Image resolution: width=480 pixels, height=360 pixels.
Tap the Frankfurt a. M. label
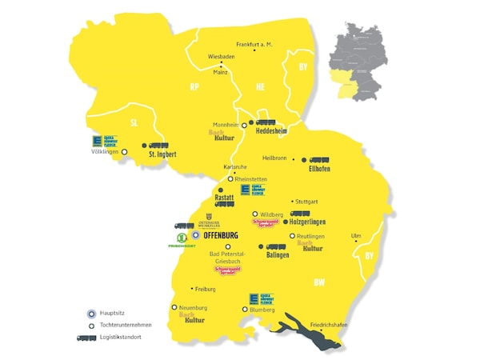pyautogui.click(x=255, y=45)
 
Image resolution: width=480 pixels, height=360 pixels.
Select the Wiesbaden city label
pyautogui.click(x=222, y=57)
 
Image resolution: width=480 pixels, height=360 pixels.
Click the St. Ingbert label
pyautogui.click(x=162, y=154)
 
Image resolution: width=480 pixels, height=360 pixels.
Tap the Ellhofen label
pyautogui.click(x=319, y=170)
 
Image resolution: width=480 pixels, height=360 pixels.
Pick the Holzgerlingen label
pyautogui.click(x=308, y=223)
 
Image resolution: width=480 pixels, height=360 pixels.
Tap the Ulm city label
pyautogui.click(x=356, y=235)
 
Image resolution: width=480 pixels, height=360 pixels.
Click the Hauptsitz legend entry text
pyautogui.click(x=114, y=313)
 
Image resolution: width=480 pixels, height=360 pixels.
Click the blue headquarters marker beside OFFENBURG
pyautogui.click(x=195, y=236)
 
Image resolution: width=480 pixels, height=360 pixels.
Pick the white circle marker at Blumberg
pyautogui.click(x=245, y=309)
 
